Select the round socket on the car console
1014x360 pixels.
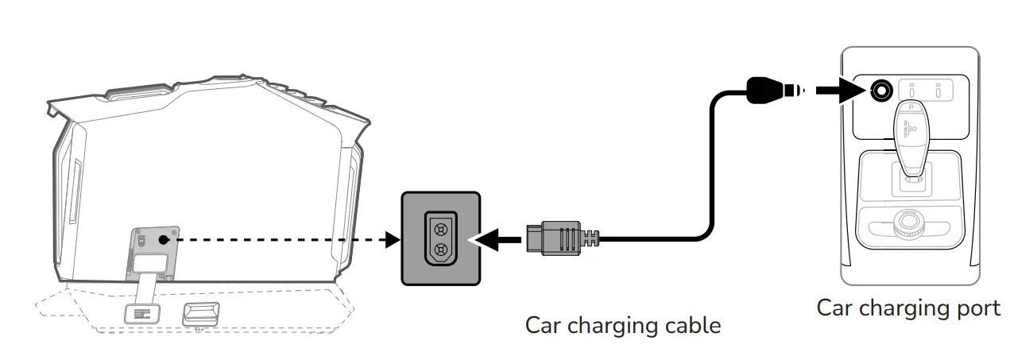coord(880,91)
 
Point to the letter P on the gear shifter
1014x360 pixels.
coord(910,106)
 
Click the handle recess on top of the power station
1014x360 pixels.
coord(139,95)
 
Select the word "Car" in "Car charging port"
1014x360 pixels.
coord(835,308)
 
